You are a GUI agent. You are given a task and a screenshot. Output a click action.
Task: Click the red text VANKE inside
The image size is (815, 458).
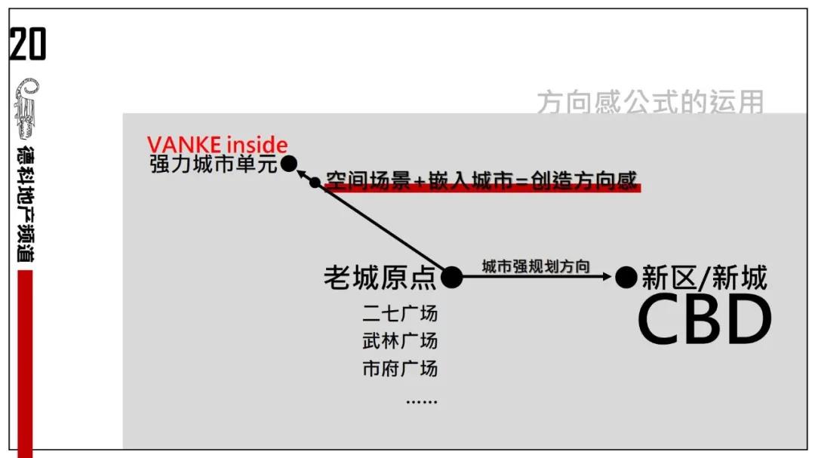pos(217,144)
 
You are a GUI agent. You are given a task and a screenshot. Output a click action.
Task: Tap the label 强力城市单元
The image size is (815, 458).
pos(214,164)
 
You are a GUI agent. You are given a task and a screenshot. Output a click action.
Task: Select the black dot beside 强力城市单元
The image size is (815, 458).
pos(288,164)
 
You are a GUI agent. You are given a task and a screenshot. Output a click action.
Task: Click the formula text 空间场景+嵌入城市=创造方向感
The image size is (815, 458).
pos(481,180)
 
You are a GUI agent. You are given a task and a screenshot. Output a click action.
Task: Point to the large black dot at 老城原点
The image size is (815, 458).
pos(451,278)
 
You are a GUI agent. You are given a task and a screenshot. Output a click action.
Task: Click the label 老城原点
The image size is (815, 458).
pos(380,278)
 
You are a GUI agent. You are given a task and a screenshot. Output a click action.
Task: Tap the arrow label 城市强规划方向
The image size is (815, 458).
pos(536,266)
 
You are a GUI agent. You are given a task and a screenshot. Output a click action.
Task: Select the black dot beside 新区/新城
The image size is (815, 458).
pos(626,278)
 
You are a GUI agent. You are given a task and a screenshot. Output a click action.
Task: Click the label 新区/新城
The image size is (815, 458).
pos(704,278)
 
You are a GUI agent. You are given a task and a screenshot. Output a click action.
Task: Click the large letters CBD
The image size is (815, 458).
pos(704,321)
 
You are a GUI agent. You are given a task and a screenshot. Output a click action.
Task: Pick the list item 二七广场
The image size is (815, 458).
pos(399,312)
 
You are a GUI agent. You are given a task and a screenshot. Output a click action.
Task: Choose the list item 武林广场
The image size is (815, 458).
pos(399,340)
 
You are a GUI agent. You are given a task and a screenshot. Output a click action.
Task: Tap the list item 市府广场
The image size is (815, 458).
pos(399,368)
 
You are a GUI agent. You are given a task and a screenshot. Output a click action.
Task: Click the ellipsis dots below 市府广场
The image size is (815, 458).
pos(421,401)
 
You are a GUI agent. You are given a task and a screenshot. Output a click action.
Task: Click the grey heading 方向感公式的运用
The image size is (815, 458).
pos(650,102)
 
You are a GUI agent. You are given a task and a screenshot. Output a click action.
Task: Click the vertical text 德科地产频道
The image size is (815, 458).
pos(26,203)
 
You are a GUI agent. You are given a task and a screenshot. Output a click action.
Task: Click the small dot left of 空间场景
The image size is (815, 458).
pos(315,182)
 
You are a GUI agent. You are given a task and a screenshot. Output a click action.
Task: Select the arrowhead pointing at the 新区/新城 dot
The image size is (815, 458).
pos(608,278)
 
